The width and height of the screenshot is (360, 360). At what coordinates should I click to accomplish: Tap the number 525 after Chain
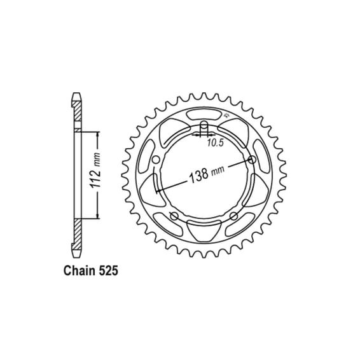[x=108, y=271]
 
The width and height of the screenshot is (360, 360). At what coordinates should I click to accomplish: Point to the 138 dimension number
[x=198, y=175]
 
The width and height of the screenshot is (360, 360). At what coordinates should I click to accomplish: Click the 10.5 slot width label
[x=215, y=143]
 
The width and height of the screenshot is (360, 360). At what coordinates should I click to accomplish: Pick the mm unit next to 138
[x=218, y=170]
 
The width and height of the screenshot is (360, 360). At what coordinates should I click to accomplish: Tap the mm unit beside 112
[x=97, y=160]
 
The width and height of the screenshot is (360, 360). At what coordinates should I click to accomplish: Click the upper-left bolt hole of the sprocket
[x=156, y=160]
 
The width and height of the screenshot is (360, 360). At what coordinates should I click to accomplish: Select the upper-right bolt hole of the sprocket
[x=253, y=160]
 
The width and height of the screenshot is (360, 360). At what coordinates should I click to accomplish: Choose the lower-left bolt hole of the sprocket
[x=174, y=216]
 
